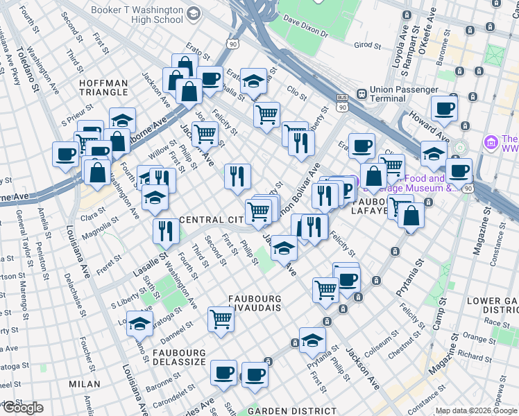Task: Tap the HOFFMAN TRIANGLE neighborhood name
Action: tap(103, 88)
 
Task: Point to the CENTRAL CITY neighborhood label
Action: tap(210, 220)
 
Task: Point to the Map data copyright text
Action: tap(476, 410)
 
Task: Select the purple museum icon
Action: tap(491, 143)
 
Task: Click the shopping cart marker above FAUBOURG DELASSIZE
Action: tap(221, 319)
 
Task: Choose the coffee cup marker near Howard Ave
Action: tap(444, 107)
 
